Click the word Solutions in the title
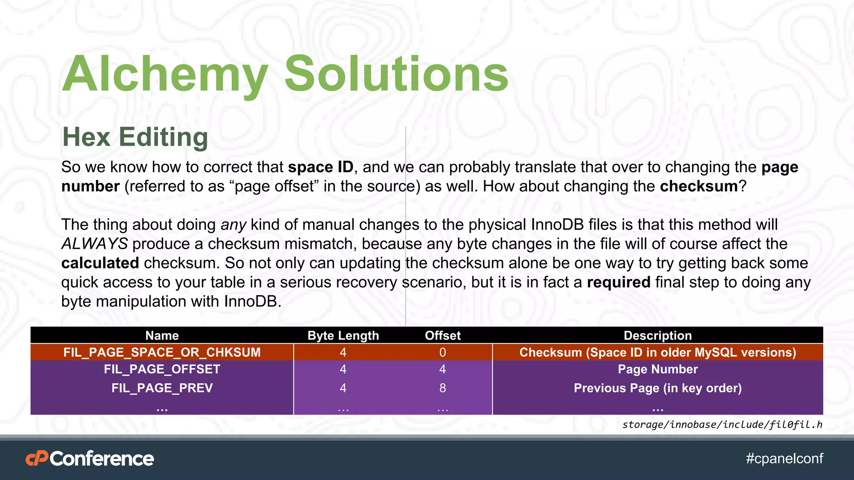pyautogui.click(x=396, y=74)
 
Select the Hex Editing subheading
pyautogui.click(x=135, y=137)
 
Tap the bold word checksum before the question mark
pyautogui.click(x=699, y=186)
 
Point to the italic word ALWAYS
pyautogui.click(x=95, y=244)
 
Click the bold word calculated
pyautogui.click(x=100, y=263)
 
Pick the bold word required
pyautogui.click(x=618, y=282)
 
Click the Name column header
pyautogui.click(x=162, y=335)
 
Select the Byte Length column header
pyautogui.click(x=343, y=335)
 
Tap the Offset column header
pyautogui.click(x=442, y=335)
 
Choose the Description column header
pyautogui.click(x=658, y=335)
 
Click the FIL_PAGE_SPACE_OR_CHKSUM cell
pyautogui.click(x=162, y=352)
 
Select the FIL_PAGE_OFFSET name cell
pyautogui.click(x=162, y=369)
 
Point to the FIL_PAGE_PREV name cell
pyautogui.click(x=162, y=388)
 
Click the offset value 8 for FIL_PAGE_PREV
pyautogui.click(x=442, y=388)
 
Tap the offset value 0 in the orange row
pyautogui.click(x=442, y=352)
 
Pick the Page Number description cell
pyautogui.click(x=658, y=369)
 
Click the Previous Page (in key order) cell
pyautogui.click(x=658, y=388)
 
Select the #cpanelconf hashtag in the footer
pyautogui.click(x=784, y=458)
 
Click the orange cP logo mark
pyautogui.click(x=37, y=459)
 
